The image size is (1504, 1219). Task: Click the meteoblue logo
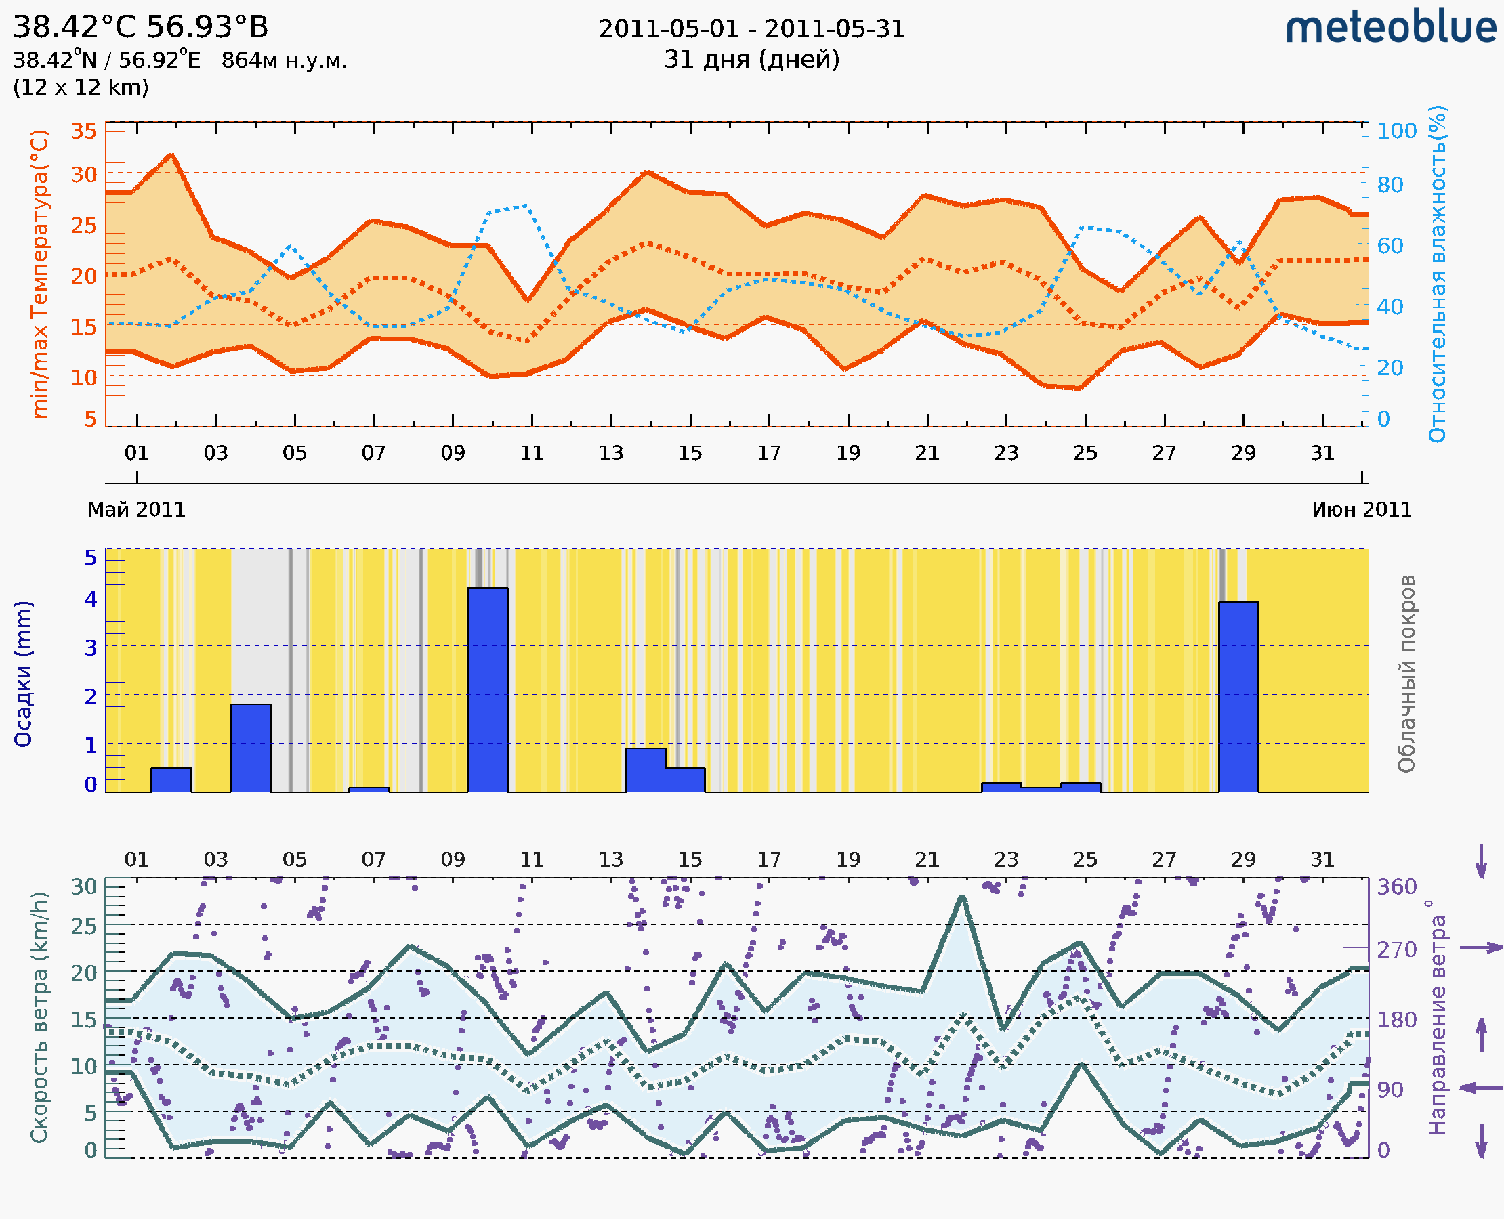(1391, 28)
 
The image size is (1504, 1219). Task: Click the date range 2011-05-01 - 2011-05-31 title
(751, 29)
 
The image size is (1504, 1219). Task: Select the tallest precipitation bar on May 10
(488, 689)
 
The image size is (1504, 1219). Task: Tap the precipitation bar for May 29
(1238, 697)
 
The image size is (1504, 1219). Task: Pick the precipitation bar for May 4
(251, 748)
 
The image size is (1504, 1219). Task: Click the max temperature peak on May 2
(172, 154)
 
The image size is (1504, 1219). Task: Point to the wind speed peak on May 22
(962, 897)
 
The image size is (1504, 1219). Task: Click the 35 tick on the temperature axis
(83, 131)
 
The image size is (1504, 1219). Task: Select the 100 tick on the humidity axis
(1396, 131)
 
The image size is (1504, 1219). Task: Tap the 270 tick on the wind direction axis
(1396, 950)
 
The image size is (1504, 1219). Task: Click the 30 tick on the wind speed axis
(84, 887)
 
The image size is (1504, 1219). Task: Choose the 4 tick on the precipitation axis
(91, 599)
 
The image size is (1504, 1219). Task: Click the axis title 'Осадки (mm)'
(24, 673)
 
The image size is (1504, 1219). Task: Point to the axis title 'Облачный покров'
(1406, 673)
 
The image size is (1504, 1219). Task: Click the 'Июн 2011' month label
(1362, 510)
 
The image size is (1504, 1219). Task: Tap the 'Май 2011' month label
(136, 510)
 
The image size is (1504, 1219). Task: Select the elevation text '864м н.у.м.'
(284, 61)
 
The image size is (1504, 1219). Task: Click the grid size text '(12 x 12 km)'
(81, 88)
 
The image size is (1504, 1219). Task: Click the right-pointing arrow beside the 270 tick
(1481, 948)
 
